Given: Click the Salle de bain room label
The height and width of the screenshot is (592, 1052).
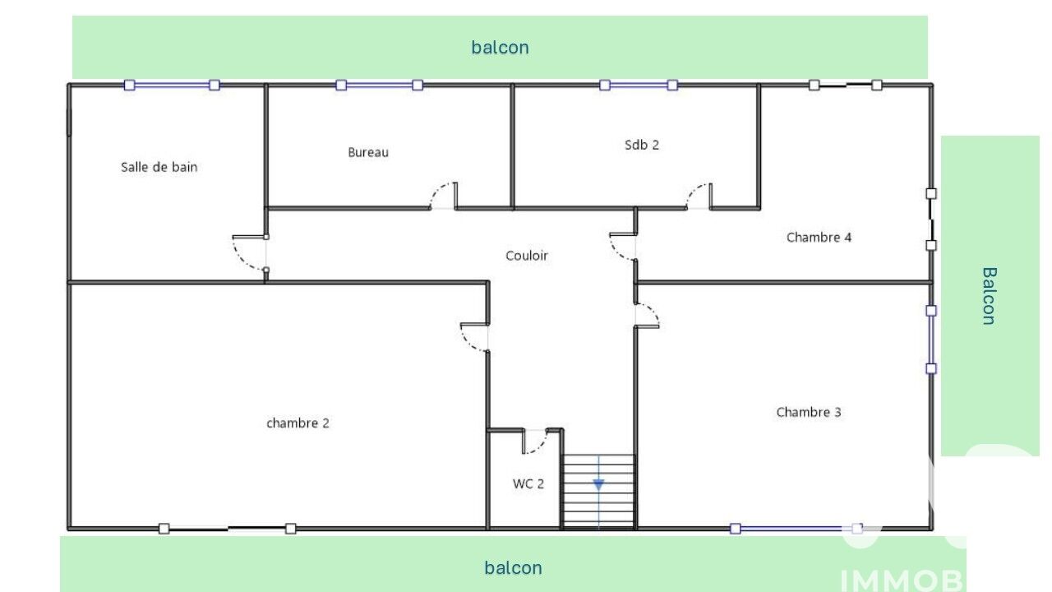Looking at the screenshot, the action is (x=159, y=167).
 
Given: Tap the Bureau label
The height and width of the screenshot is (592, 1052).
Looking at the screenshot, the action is (x=368, y=152).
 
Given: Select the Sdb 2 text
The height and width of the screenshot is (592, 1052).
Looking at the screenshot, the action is (x=642, y=145).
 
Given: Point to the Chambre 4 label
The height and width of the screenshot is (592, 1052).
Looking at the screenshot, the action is (x=819, y=238).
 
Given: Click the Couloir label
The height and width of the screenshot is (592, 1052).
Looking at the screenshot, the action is (x=527, y=256).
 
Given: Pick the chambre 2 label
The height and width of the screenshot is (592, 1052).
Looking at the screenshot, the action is (x=298, y=423).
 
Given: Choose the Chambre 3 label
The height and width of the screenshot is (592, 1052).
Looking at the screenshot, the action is (x=808, y=412).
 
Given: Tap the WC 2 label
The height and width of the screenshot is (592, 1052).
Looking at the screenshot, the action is (x=528, y=484).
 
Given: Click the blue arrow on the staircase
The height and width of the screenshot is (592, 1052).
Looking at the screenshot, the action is (x=598, y=485).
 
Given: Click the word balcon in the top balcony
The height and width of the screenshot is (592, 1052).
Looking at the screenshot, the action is (x=500, y=48).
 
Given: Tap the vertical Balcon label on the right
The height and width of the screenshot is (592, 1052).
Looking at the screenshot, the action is (x=989, y=296).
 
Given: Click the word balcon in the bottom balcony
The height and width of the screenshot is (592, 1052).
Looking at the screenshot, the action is (x=513, y=568).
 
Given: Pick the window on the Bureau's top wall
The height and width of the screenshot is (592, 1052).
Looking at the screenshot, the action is (x=379, y=85).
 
